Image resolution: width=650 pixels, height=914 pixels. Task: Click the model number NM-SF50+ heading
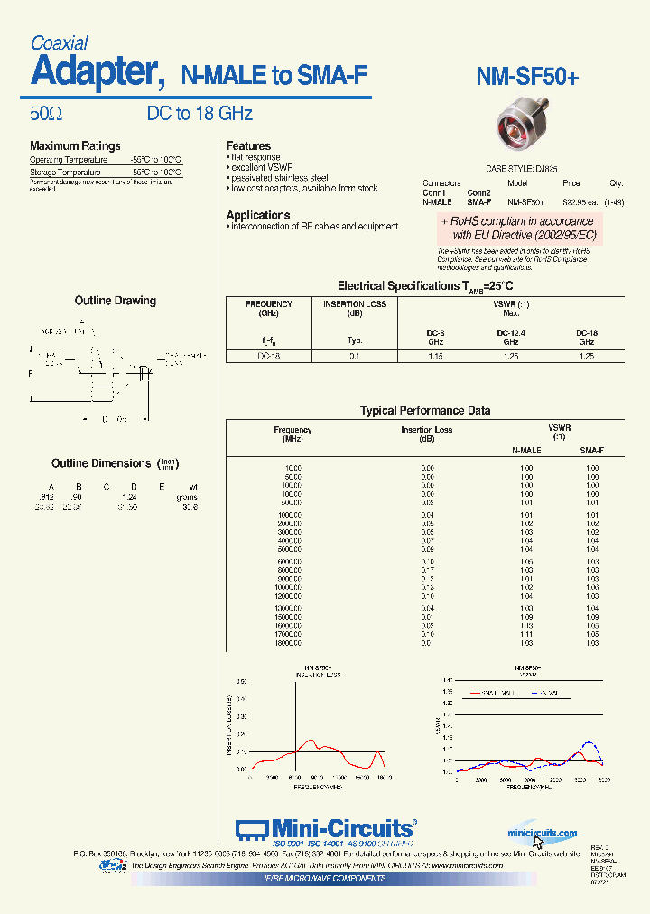coord(527,78)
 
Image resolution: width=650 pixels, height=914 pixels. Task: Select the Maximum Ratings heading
coord(75,146)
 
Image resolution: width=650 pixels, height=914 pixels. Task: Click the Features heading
coord(248,146)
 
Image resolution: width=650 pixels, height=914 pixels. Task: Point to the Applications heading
coord(258,215)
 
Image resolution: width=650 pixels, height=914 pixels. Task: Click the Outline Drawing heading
coord(115,301)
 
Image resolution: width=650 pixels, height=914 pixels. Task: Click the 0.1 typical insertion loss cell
coord(355,356)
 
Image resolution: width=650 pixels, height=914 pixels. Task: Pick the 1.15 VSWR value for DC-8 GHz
coord(435,356)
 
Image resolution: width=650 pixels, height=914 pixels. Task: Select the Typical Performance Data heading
coord(425,411)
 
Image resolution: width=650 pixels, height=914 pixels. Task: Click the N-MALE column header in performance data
coord(526,450)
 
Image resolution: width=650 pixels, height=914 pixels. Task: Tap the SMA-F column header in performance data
coord(591,450)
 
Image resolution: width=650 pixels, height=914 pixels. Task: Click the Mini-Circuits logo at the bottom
coord(326,829)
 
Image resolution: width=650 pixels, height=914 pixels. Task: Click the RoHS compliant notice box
coord(517,228)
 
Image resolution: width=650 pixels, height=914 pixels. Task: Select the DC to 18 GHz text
coord(200,114)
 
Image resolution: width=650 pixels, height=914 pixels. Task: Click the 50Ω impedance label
coord(46,114)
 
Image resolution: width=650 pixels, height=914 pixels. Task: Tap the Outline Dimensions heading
coord(101,463)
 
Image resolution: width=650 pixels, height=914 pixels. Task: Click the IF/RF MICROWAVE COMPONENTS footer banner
coord(325,878)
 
